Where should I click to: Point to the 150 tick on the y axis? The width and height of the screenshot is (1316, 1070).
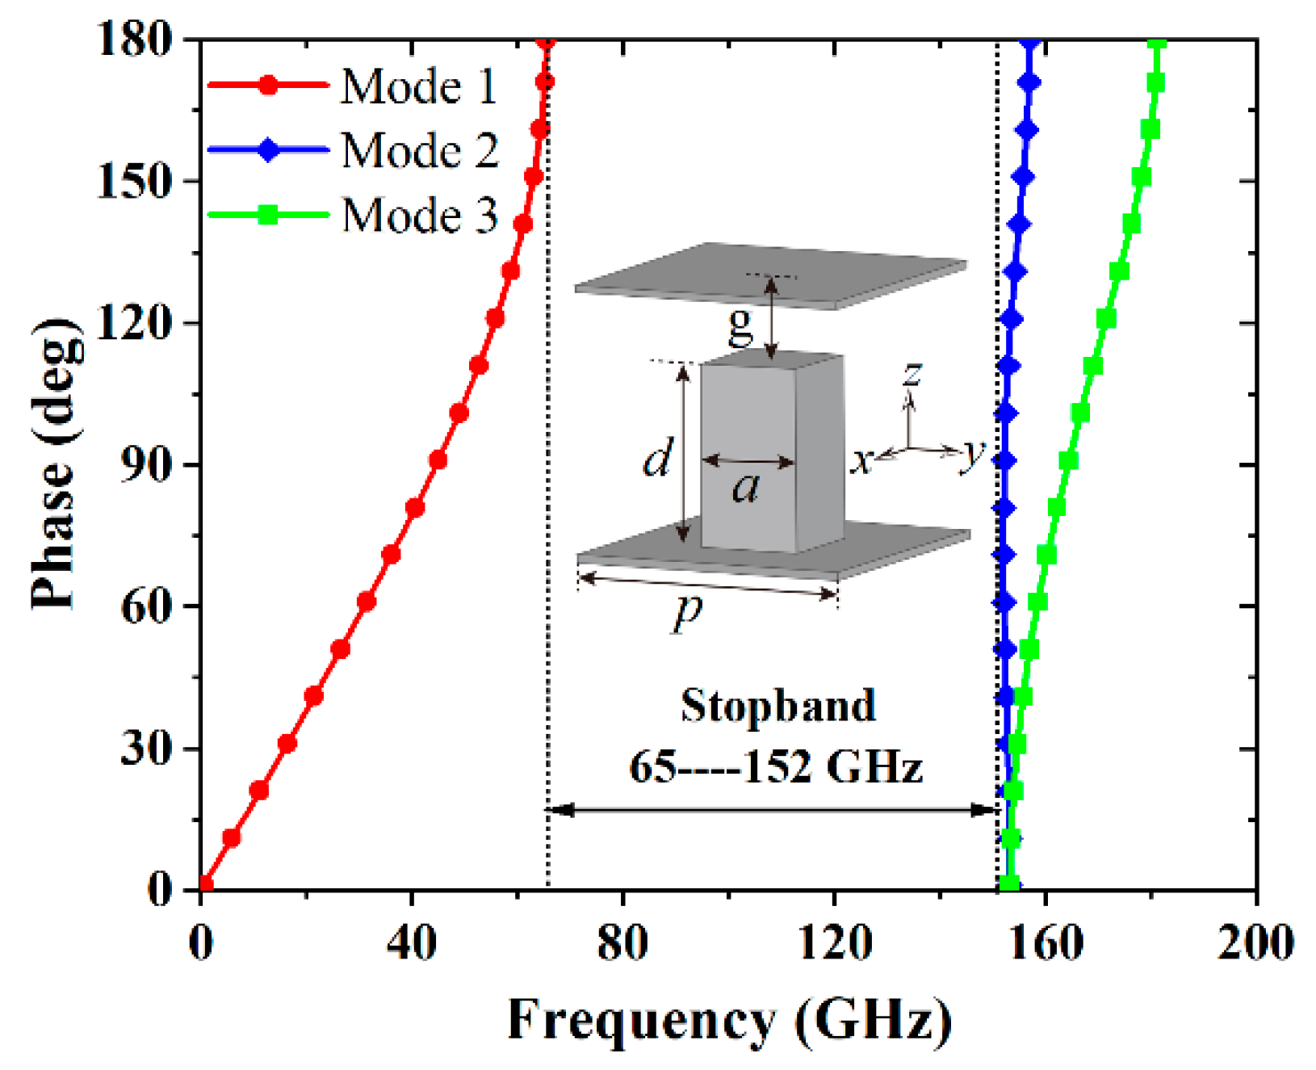pyautogui.click(x=135, y=182)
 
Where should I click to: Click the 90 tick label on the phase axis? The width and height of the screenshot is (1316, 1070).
pyautogui.click(x=147, y=465)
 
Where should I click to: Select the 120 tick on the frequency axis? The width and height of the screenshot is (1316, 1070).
pyautogui.click(x=835, y=942)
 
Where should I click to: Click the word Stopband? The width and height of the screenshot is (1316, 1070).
pyautogui.click(x=777, y=706)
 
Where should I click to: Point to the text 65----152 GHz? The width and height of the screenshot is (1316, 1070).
pyautogui.click(x=775, y=766)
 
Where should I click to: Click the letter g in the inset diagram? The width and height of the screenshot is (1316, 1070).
pyautogui.click(x=740, y=326)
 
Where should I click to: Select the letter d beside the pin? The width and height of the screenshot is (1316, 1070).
pyautogui.click(x=656, y=459)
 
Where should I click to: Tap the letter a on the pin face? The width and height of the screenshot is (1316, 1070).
pyautogui.click(x=746, y=488)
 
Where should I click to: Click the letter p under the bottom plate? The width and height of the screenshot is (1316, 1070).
pyautogui.click(x=688, y=611)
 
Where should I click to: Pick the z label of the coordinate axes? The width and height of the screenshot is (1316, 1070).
pyautogui.click(x=912, y=373)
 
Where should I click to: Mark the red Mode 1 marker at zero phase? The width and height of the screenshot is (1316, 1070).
pyautogui.click(x=205, y=884)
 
